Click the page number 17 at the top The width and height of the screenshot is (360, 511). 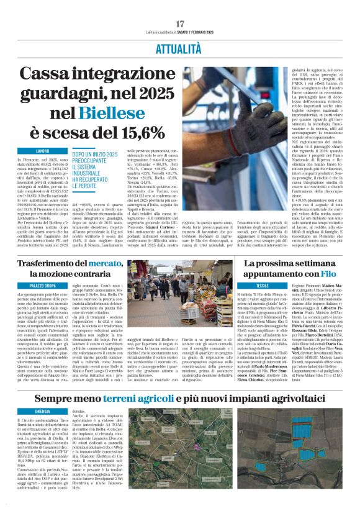point(180,24)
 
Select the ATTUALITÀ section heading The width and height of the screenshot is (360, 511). point(180,47)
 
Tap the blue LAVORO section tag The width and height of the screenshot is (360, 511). point(42,151)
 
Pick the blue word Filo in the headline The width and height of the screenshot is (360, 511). point(327,273)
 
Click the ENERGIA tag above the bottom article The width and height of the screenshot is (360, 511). point(42,411)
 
